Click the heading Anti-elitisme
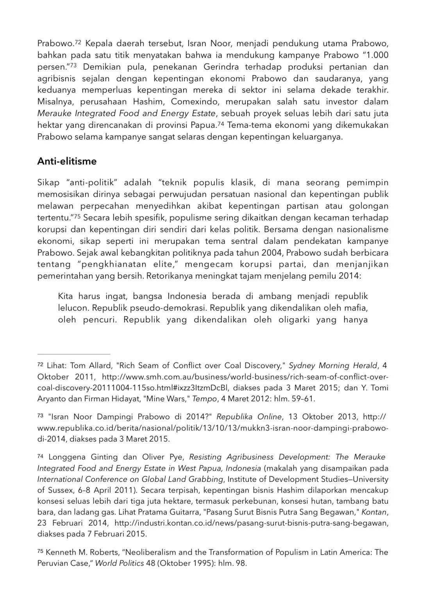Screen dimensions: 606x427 tap(67, 161)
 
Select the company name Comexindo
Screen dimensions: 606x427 tap(175, 102)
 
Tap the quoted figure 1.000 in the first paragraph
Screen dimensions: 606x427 tap(375, 55)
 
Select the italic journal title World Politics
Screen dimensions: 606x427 tap(120, 564)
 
